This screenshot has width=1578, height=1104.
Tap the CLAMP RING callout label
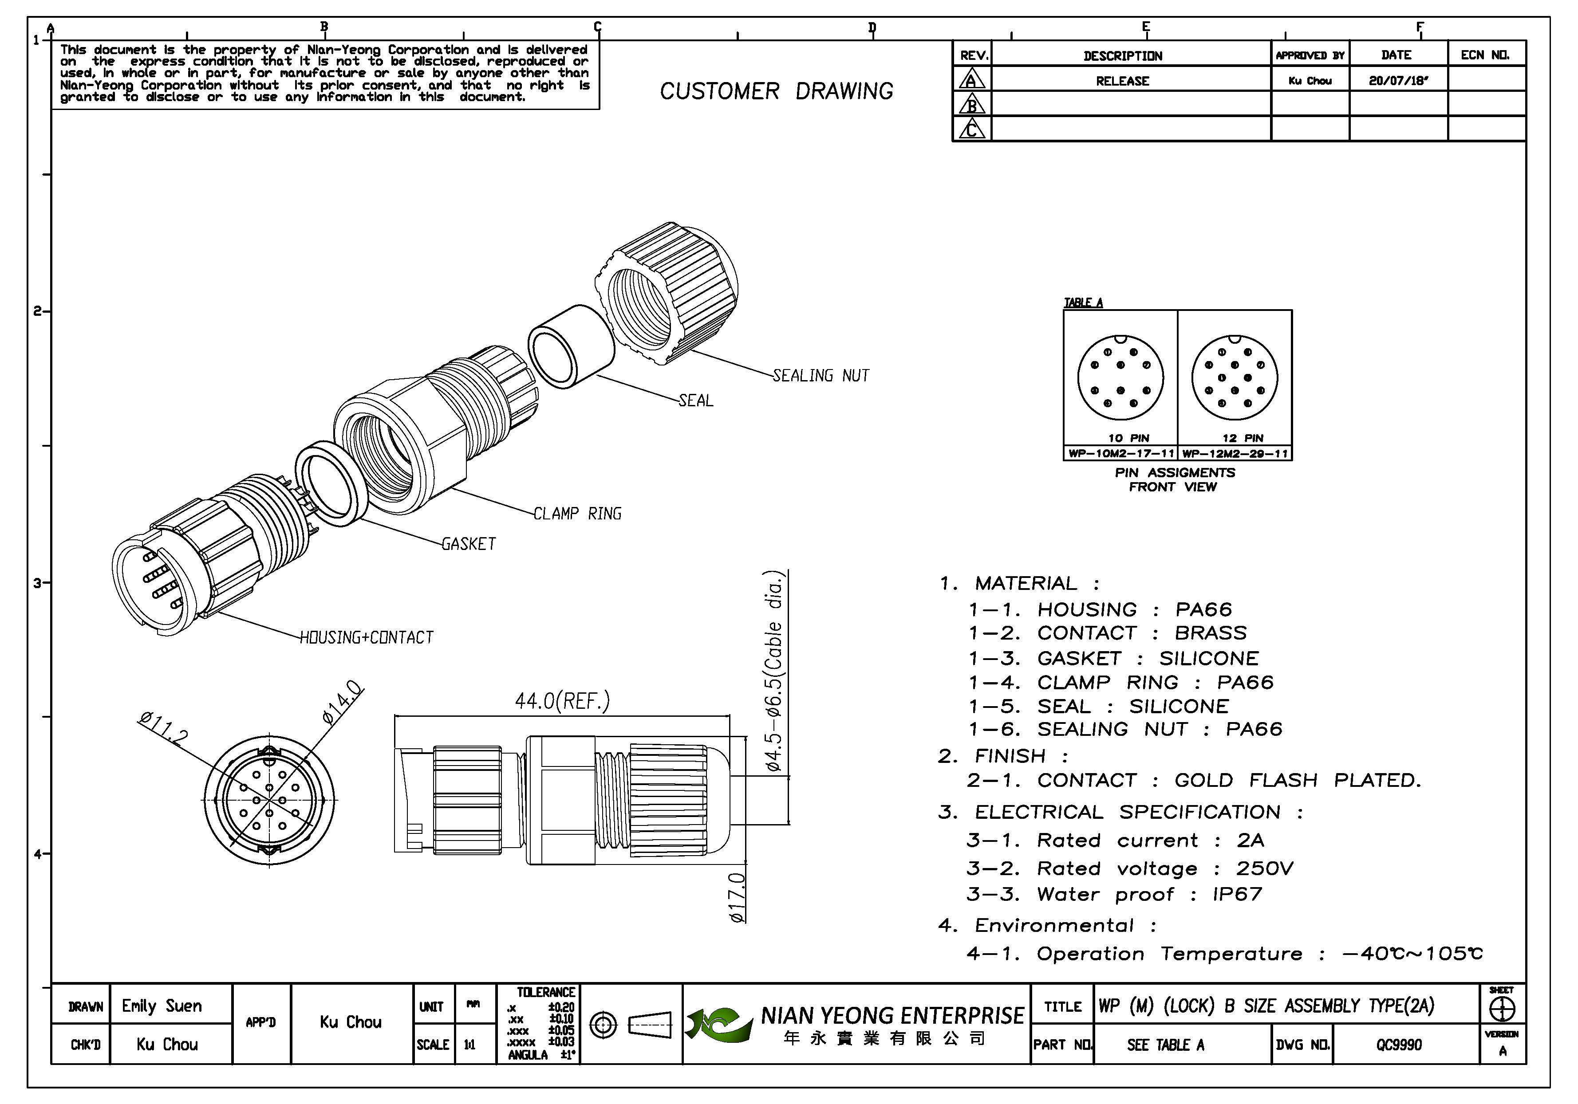coord(577,514)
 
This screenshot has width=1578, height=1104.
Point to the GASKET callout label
coord(468,544)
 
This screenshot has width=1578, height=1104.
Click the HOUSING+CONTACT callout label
coord(367,637)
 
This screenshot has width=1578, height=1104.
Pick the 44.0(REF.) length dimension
coord(562,701)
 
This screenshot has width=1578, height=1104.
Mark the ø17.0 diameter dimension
coord(737,897)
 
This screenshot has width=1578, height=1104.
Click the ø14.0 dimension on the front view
coord(342,702)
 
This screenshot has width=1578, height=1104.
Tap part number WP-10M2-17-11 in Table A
coord(1121,453)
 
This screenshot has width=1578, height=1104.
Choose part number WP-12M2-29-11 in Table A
coord(1235,453)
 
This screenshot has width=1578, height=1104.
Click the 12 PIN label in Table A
coord(1243,438)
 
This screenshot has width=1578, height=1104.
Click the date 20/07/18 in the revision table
coord(1398,80)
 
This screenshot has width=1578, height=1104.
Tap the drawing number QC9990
coord(1399,1045)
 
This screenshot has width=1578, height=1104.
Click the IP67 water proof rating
coord(1237,895)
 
